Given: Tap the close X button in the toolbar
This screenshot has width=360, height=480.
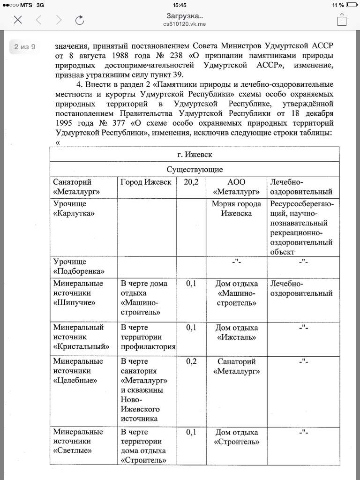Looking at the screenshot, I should click(x=18, y=19).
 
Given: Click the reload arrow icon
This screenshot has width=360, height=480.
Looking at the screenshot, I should click(x=80, y=19).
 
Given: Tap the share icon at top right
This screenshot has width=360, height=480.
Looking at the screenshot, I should click(x=342, y=19).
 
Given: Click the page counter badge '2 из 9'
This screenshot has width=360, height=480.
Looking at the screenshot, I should click(x=24, y=47).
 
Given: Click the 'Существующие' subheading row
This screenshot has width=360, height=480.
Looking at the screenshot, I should click(x=195, y=169).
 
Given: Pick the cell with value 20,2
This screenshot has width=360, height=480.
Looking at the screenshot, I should click(x=191, y=182).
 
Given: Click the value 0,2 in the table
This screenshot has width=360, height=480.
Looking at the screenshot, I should click(x=191, y=361).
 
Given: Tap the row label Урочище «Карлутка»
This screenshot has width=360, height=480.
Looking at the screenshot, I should click(x=73, y=209).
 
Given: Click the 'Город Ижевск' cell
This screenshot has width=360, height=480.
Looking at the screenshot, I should click(x=146, y=182).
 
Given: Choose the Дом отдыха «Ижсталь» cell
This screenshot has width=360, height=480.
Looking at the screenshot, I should click(x=236, y=332).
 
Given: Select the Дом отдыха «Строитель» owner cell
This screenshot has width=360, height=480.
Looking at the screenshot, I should click(x=236, y=437).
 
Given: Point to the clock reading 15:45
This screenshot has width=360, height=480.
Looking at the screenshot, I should click(x=180, y=5).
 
